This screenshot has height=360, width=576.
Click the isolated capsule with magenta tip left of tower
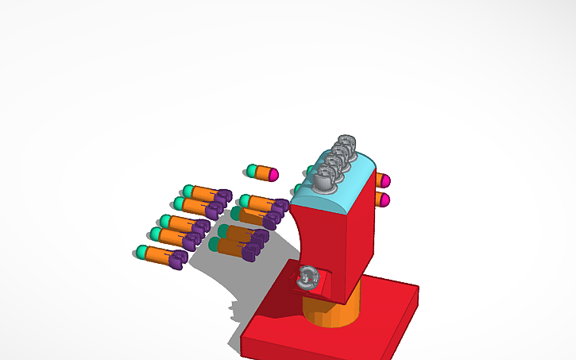pos(262,172)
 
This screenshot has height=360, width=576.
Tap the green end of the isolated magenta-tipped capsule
pos(252,170)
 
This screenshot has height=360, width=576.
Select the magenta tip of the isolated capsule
pos(274,173)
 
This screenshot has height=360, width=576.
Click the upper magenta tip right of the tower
pos(385,180)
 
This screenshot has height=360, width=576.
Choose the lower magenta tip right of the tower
pos(385,199)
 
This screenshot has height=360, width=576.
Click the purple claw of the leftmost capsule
pos(176,259)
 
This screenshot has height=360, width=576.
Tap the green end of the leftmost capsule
pos(141,253)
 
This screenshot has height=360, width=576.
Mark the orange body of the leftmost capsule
pos(157,256)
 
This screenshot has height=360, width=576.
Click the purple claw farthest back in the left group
pos(223,195)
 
